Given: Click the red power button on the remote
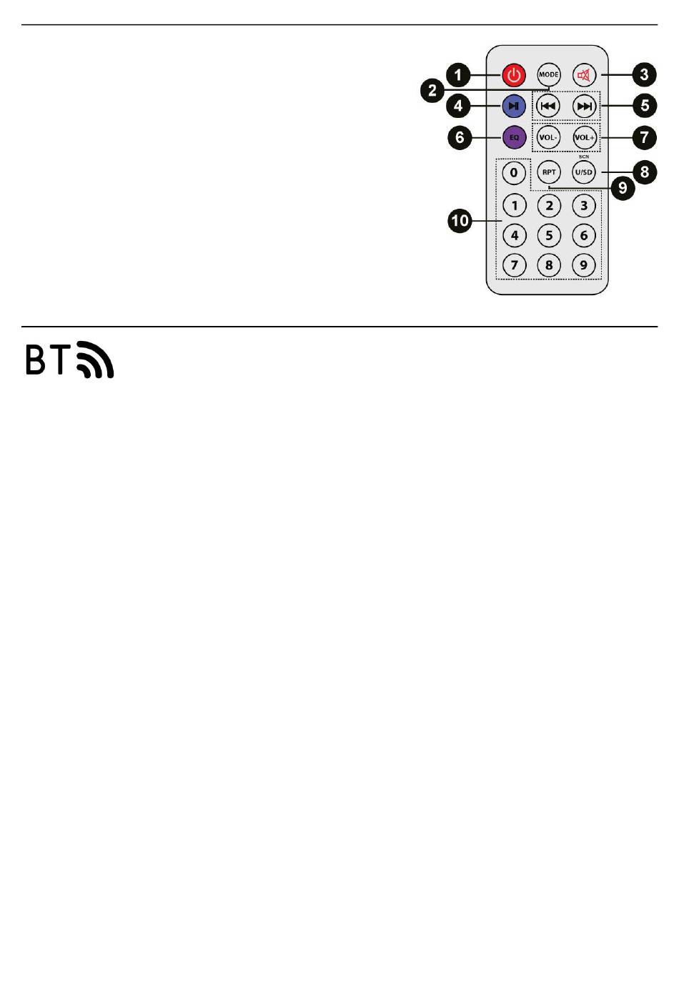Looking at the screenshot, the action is tap(514, 75).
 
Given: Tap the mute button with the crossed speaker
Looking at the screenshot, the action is tap(583, 75).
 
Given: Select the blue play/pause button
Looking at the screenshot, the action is tap(514, 106).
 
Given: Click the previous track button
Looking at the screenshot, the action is tap(548, 106).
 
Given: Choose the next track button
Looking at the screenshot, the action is tap(584, 106).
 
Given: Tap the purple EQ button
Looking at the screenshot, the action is tap(514, 137).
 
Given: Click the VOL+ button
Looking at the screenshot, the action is tap(585, 137).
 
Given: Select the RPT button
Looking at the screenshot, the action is tap(549, 172).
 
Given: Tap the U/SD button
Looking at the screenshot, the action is tap(583, 172).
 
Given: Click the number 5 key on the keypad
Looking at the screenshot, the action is tap(549, 235).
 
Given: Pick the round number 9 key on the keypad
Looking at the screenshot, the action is tap(583, 265).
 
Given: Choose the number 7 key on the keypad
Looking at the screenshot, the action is tap(514, 265).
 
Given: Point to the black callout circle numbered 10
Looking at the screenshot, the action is tap(460, 220).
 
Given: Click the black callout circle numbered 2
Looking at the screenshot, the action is tap(432, 91).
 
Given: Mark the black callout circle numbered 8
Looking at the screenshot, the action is tap(645, 172).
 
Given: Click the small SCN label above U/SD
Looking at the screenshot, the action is tap(583, 157).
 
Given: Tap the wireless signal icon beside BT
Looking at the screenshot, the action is tap(95, 360).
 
